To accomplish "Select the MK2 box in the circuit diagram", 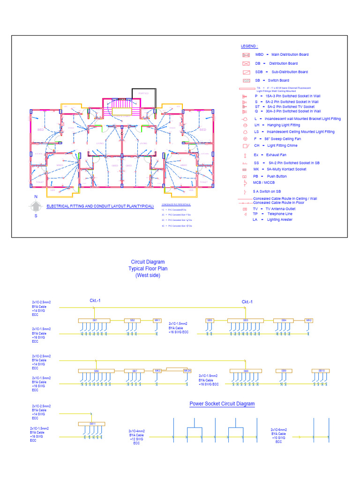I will tap(309, 321).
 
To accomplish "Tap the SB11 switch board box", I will tap(92, 424).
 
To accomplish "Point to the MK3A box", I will tap(187, 371).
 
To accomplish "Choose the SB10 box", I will tap(321, 371).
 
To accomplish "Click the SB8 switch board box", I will tap(246, 371).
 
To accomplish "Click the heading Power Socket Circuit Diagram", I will tap(222, 404).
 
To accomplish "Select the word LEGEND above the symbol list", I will tap(249, 46).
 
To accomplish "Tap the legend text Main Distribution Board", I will tap(290, 55).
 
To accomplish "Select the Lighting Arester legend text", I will tap(279, 219).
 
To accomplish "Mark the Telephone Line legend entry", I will tap(279, 214).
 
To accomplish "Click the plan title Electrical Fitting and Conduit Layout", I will tap(100, 206).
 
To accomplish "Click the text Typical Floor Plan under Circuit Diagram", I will tap(148, 269).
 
